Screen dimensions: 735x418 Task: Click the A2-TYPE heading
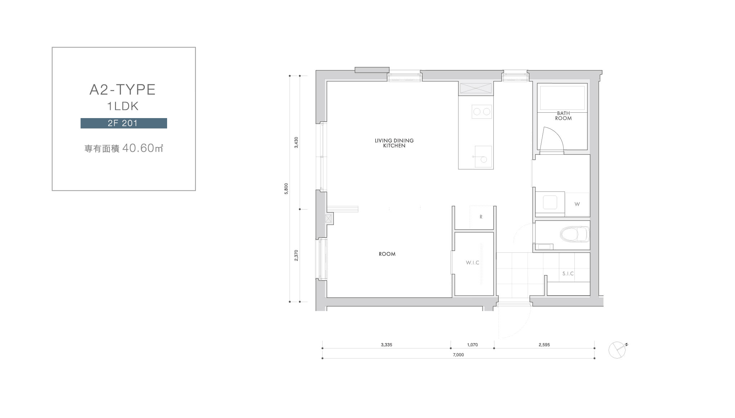click(x=122, y=90)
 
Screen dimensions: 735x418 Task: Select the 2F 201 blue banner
click(x=124, y=123)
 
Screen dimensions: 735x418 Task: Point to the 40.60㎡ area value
click(x=143, y=148)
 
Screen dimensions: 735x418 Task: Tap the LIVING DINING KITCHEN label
click(x=394, y=143)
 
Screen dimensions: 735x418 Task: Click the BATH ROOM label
click(x=563, y=116)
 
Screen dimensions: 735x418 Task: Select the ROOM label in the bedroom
click(x=387, y=254)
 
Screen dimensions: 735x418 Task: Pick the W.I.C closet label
click(x=472, y=262)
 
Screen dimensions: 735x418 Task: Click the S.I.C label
click(x=568, y=274)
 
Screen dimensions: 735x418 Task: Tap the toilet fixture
click(x=575, y=234)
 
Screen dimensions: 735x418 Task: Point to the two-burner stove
click(x=482, y=112)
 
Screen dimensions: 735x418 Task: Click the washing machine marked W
click(x=577, y=204)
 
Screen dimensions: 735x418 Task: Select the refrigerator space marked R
click(x=481, y=217)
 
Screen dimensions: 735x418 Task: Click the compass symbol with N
click(x=617, y=350)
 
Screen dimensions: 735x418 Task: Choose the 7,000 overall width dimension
click(x=458, y=355)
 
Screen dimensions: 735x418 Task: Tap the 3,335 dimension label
click(x=386, y=345)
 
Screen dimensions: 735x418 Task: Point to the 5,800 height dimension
click(x=286, y=189)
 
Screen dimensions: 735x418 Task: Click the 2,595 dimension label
click(x=544, y=345)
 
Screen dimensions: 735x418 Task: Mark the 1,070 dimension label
click(x=472, y=345)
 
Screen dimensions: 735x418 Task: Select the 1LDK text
click(x=123, y=106)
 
